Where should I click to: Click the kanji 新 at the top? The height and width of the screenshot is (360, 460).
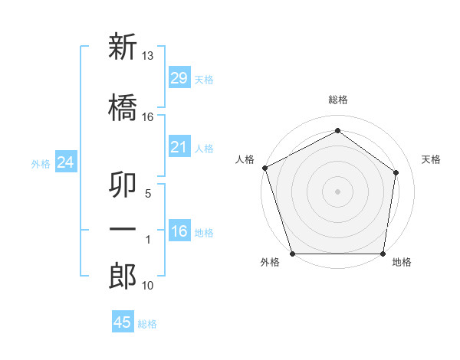(123, 46)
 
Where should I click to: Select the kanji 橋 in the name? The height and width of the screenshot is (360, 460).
(123, 107)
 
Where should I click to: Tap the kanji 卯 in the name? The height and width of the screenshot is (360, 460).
(123, 184)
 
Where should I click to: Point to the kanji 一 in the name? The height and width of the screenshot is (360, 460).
(123, 229)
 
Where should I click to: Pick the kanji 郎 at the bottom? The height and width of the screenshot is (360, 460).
(123, 276)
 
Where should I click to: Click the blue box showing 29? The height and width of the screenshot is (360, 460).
(179, 77)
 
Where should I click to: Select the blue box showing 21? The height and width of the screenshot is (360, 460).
(179, 146)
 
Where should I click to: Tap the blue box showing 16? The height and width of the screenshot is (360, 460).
(179, 230)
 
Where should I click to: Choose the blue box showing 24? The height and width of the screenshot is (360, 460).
(66, 162)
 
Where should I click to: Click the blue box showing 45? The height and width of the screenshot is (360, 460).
(123, 321)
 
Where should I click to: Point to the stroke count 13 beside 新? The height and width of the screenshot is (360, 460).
(147, 56)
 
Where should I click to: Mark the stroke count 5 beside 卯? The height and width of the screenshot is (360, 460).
(148, 194)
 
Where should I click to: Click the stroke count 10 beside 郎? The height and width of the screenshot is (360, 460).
(147, 285)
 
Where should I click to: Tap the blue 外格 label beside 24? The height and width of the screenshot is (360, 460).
(41, 164)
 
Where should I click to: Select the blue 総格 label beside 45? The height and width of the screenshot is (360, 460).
(147, 324)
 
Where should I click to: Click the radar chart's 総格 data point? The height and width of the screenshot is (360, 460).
(337, 130)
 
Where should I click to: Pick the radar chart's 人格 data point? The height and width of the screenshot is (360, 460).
(265, 168)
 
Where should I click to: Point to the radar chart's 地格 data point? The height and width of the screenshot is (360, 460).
(383, 254)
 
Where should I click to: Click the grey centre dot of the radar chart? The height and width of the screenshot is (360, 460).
(337, 191)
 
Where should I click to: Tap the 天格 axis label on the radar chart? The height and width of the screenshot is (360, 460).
(431, 159)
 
